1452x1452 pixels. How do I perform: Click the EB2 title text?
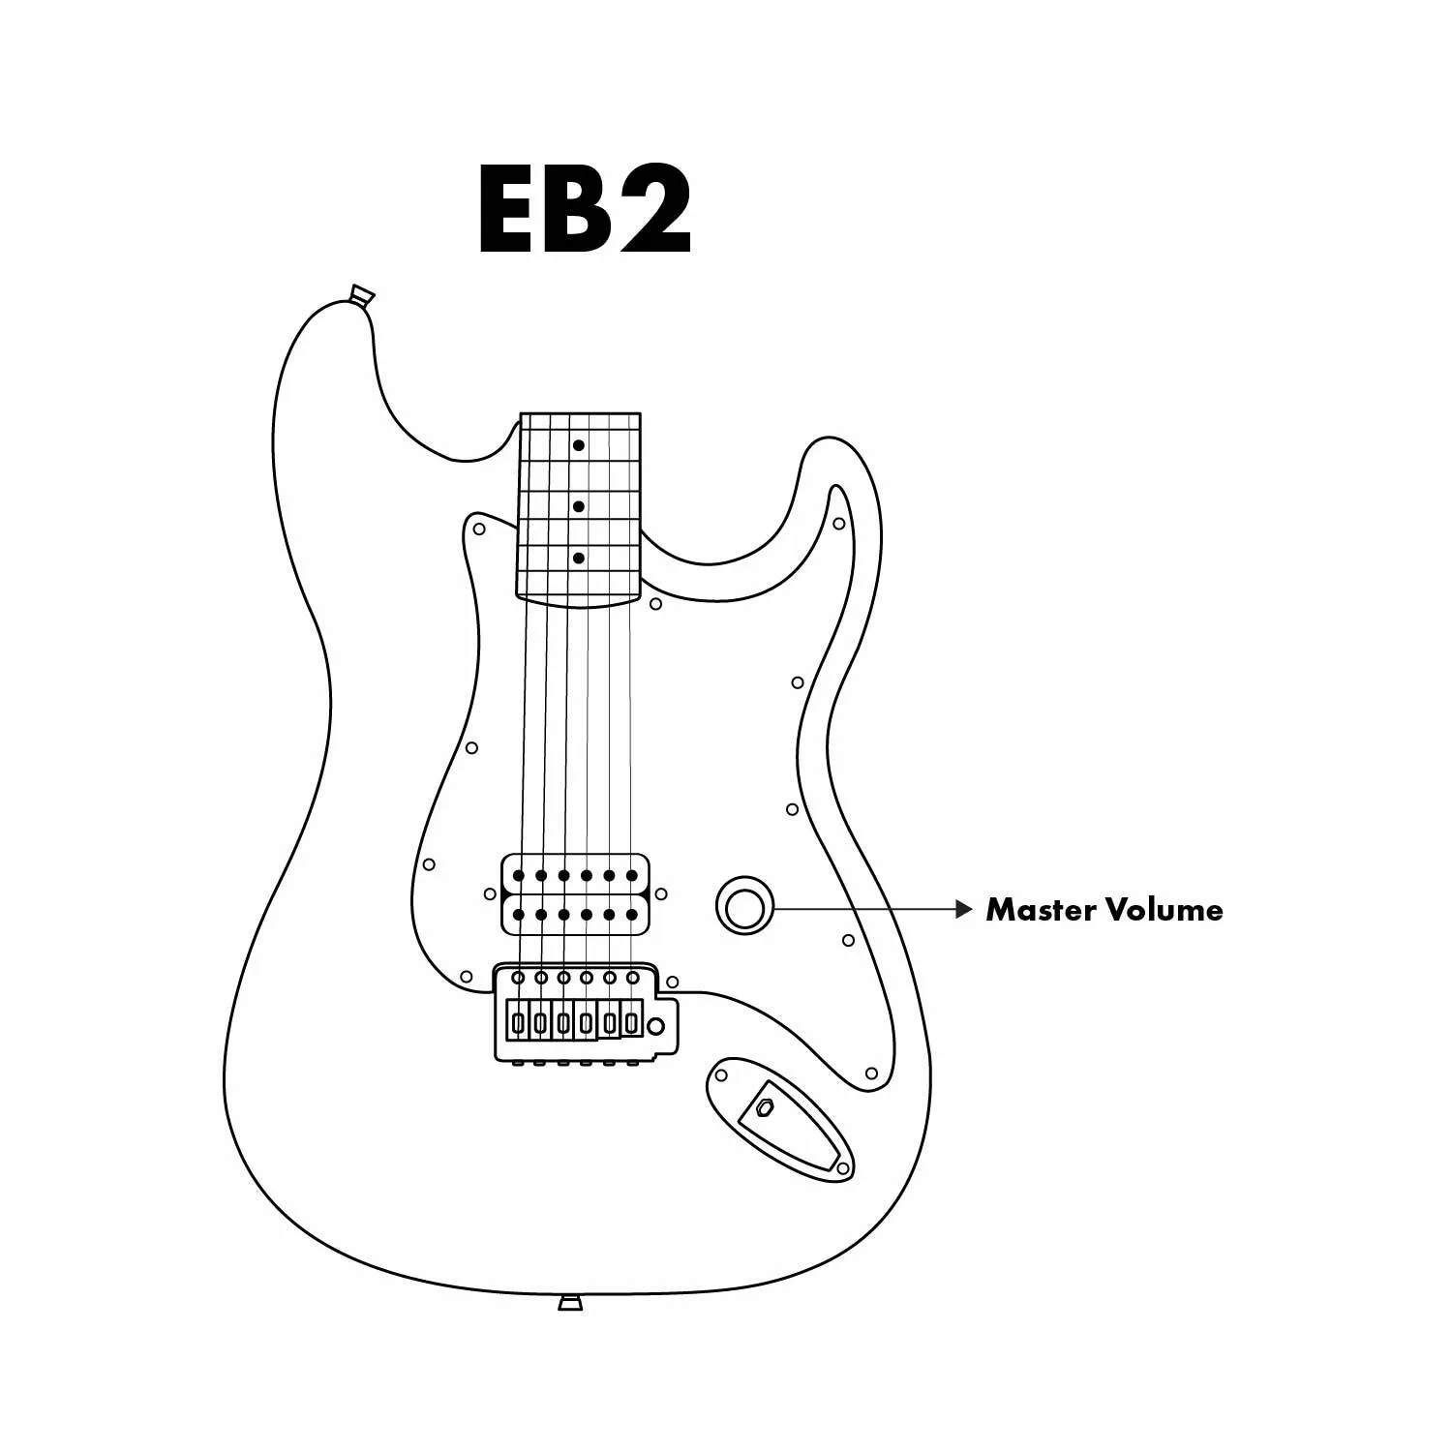585,210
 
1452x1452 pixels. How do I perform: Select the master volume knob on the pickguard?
744,907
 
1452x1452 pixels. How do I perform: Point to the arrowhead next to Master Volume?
963,910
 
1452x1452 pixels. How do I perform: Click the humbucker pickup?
575,894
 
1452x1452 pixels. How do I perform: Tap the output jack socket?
766,1108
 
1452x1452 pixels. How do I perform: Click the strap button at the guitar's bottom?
570,1302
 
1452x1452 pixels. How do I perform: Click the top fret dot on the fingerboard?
578,445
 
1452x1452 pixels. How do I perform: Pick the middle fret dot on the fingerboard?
578,506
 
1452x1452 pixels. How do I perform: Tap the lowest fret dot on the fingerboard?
578,559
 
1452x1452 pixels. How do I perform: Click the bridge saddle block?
574,1020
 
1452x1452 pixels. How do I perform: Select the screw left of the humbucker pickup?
490,894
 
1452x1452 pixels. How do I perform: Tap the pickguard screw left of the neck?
478,529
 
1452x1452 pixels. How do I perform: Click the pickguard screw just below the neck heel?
655,604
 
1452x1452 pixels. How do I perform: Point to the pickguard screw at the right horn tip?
839,525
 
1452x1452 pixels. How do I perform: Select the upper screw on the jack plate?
721,1074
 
